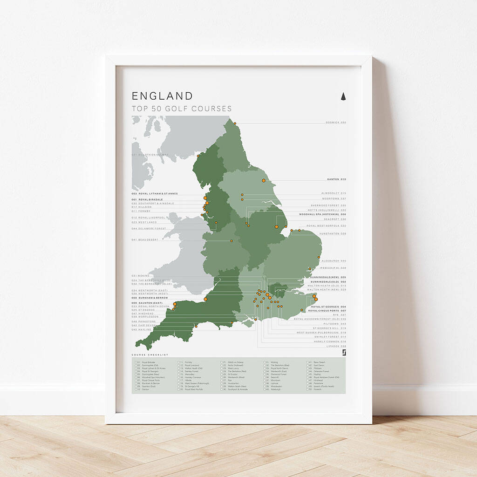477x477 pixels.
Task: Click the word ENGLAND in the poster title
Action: click(x=162, y=96)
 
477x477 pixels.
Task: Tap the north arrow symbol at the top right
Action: click(x=343, y=96)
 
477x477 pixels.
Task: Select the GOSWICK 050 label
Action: click(x=336, y=123)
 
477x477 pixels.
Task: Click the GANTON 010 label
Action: click(x=337, y=179)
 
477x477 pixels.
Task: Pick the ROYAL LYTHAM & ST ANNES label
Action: click(x=155, y=194)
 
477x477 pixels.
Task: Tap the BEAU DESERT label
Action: click(x=145, y=239)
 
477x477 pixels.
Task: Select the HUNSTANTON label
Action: click(x=332, y=233)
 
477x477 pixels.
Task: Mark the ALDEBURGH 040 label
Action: click(x=334, y=261)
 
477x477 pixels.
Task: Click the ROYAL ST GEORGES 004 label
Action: click(x=328, y=307)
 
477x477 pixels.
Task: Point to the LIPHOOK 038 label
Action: click(x=336, y=346)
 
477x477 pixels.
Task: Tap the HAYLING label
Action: click(x=142, y=329)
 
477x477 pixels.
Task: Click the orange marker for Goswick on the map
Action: click(x=235, y=123)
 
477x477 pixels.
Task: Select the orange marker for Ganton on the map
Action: click(x=264, y=180)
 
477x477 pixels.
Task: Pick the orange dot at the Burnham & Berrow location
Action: click(x=205, y=299)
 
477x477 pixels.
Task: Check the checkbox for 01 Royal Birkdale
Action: click(x=136, y=361)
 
